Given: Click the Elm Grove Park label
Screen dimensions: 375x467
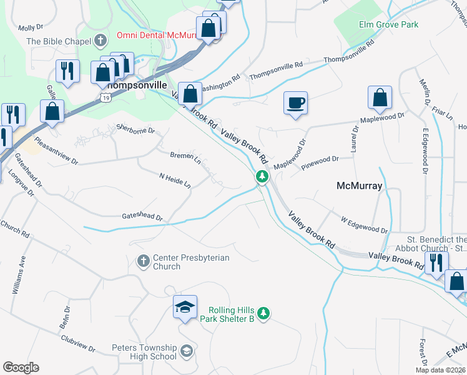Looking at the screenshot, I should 388,24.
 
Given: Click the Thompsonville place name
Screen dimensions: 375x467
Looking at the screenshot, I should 136,84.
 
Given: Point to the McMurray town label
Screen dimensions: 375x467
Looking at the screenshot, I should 360,186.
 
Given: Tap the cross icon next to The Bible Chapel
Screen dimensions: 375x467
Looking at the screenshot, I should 100,41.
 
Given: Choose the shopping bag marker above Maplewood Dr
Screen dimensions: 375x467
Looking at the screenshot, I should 380,98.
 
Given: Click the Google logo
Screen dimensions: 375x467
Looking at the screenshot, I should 21,367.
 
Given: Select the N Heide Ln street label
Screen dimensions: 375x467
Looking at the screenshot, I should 175,181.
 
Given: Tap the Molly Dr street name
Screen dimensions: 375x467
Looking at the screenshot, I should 31,27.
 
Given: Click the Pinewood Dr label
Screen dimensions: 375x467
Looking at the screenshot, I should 319,162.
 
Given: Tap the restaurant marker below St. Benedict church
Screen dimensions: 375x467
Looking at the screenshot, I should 436,262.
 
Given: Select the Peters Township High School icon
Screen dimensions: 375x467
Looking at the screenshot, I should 185,352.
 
